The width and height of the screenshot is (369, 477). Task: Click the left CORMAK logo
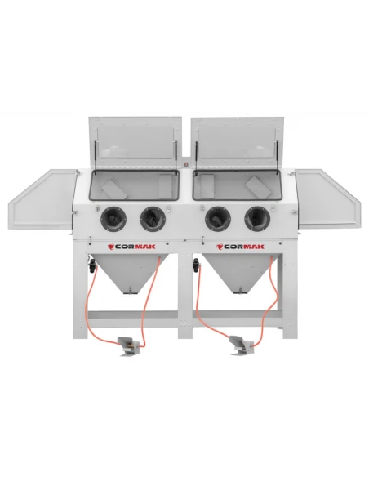tap(131, 247)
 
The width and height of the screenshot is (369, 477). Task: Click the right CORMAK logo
tap(240, 247)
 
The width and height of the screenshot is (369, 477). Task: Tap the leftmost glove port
tap(113, 218)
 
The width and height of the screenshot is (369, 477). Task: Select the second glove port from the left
tap(153, 218)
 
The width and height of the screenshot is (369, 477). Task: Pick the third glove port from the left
tap(218, 218)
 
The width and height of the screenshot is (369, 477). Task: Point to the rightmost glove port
tap(257, 218)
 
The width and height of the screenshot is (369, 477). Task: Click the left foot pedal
tap(128, 346)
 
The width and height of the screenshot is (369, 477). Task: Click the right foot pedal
tap(242, 345)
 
